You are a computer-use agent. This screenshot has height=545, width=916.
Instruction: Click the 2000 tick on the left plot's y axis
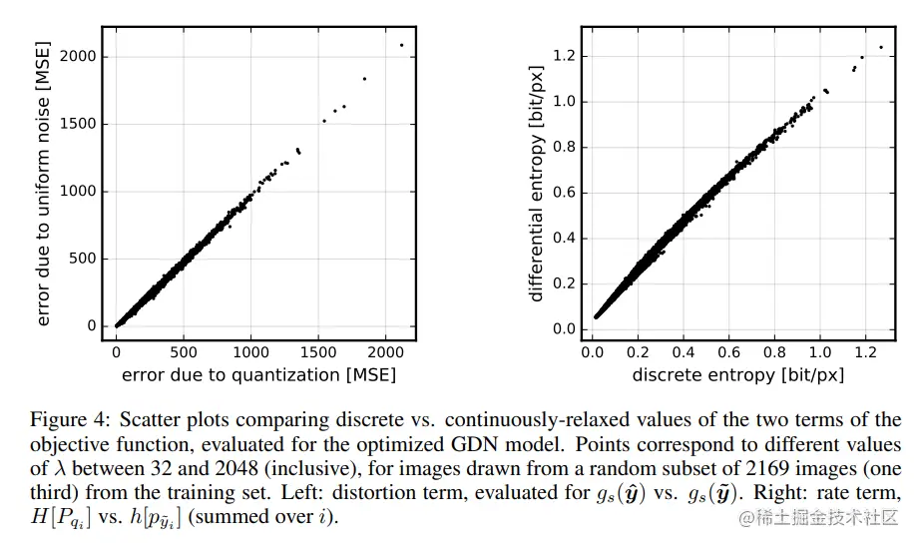[x=78, y=57]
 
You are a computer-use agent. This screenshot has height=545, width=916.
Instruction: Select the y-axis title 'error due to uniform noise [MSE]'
[x=43, y=185]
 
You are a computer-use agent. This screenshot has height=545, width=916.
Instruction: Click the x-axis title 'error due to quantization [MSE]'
[x=258, y=375]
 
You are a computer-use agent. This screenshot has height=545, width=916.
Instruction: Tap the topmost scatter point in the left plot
[x=401, y=45]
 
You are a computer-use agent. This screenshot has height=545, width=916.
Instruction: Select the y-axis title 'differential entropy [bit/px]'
[x=537, y=185]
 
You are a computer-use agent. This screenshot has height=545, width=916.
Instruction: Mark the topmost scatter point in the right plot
[x=881, y=47]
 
